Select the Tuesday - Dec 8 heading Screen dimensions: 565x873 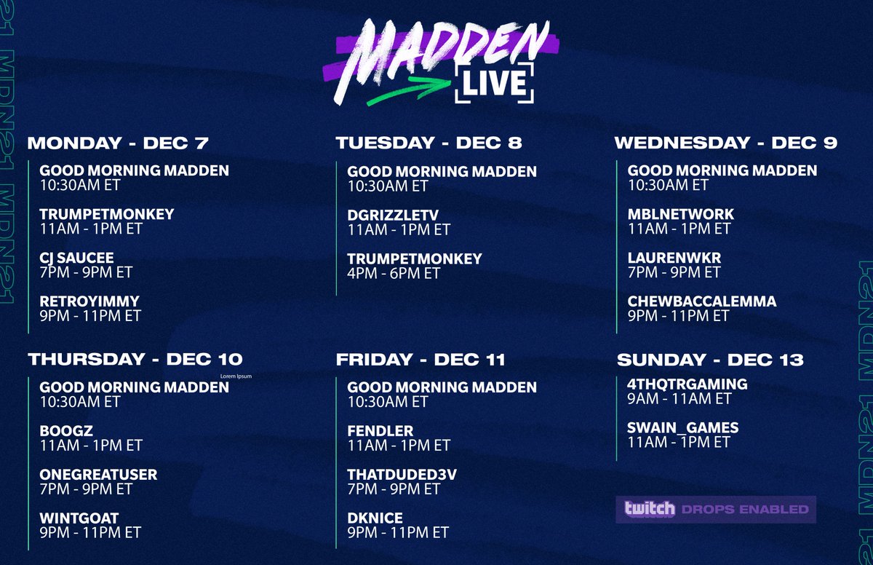428,143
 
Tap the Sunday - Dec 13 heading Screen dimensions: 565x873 710,359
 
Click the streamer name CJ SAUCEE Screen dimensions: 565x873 76,258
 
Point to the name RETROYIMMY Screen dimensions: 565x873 89,301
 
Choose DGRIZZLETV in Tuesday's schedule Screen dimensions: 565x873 393,215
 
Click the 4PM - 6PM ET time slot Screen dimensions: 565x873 394,274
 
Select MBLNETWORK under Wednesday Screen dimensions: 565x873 680,214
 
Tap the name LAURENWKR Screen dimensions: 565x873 674,258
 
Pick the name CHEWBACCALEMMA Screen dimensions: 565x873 701,301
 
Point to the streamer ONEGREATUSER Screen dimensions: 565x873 98,475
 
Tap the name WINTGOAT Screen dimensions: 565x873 79,518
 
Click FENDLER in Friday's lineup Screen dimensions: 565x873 380,430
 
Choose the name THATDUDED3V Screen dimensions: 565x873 402,475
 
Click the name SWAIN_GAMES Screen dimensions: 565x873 682,427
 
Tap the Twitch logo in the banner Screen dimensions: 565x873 649,508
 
